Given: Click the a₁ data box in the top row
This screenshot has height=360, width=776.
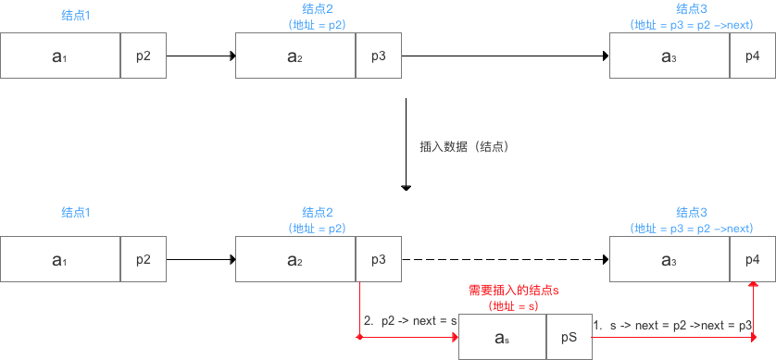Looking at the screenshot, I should (60, 56).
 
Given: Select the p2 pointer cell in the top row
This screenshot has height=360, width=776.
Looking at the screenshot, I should (144, 56).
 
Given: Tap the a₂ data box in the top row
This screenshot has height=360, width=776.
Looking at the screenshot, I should (295, 56).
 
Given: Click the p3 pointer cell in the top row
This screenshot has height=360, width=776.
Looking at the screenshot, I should (379, 56).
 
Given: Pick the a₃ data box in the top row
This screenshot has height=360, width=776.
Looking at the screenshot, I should (670, 56).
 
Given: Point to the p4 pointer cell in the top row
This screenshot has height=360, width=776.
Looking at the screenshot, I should (752, 56).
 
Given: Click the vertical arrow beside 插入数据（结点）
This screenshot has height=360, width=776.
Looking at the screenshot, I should (406, 143).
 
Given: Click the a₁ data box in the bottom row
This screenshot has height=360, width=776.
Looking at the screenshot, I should (60, 260).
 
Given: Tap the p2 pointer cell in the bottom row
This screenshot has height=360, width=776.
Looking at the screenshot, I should (144, 260).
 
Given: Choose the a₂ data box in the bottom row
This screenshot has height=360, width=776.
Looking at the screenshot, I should (295, 260).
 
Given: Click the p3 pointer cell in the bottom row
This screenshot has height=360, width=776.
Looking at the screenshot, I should (379, 260).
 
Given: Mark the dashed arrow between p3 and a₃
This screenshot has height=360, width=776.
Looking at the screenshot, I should (505, 260).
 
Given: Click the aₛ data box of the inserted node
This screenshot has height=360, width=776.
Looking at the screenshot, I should (503, 338).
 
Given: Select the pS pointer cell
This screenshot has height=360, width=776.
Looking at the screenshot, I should (569, 338).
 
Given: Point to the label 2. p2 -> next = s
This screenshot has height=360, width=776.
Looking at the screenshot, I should (411, 320).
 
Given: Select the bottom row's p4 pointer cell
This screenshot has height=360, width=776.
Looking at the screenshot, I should (752, 260).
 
